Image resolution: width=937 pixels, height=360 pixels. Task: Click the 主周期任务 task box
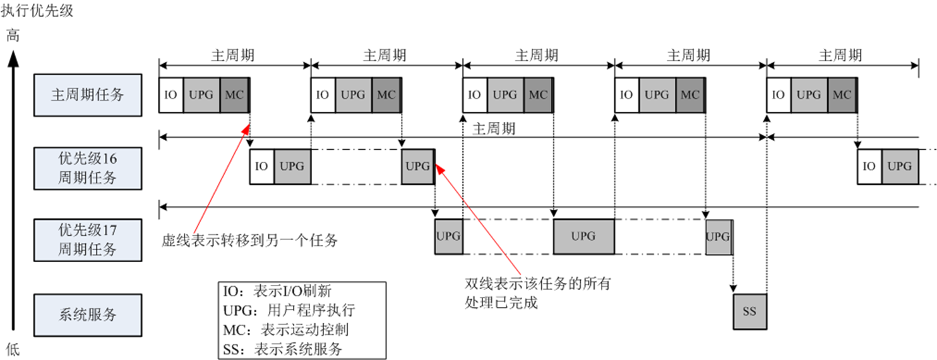point(87,95)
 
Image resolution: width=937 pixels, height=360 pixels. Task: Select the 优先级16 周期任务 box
point(87,167)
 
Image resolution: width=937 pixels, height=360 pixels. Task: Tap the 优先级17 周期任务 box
point(87,239)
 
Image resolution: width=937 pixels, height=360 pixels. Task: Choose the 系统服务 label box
point(87,314)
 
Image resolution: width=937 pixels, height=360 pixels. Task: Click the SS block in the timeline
point(749,311)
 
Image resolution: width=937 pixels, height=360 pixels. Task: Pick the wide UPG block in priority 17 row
point(583,236)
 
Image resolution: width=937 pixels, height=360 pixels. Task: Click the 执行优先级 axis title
point(37,11)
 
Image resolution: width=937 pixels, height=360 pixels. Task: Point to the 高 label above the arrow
point(13,36)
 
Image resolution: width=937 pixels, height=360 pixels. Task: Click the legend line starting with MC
point(285,330)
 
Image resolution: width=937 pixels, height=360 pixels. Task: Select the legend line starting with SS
point(282,349)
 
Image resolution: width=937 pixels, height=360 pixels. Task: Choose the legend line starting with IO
point(277,292)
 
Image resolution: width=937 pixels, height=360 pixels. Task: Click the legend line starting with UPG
point(289,311)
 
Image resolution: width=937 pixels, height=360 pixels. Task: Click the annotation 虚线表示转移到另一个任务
point(251,240)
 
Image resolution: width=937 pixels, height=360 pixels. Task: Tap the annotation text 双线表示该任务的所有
point(537,284)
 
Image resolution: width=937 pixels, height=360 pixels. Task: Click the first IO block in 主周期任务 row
point(170,95)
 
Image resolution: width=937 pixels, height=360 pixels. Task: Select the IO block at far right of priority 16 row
point(869,167)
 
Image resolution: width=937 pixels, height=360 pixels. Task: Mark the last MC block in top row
point(842,95)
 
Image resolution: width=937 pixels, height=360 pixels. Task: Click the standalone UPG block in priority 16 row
point(417,167)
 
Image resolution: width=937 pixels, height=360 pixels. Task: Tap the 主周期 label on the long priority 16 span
point(494,129)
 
